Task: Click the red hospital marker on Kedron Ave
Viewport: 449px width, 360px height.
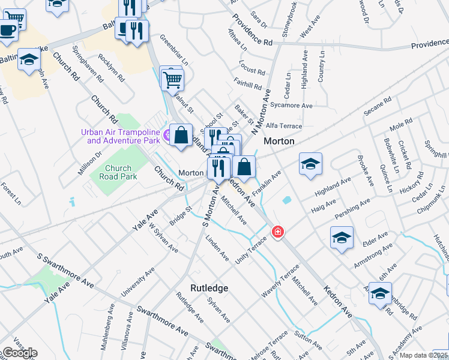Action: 277,232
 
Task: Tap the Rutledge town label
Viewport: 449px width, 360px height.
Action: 209,288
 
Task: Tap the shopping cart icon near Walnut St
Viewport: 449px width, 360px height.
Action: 172,79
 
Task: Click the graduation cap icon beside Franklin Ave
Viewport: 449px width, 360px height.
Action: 310,163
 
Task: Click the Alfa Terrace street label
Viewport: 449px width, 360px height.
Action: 284,126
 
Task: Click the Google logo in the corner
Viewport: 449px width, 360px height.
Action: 19,353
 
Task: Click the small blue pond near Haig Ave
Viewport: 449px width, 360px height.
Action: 286,199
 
